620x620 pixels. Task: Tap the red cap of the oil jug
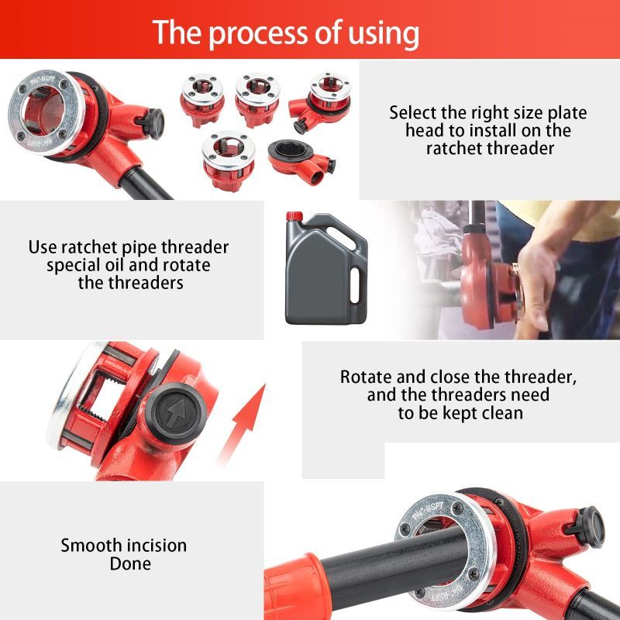point(294,216)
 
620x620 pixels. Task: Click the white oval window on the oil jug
point(355,285)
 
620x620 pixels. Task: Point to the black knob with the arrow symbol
point(175,412)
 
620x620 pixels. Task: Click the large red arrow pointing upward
point(242,424)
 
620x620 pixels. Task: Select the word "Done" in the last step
point(130,563)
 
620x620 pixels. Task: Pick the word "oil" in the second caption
point(113,265)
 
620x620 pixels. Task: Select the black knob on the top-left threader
point(152,123)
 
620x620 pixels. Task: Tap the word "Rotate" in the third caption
point(366,377)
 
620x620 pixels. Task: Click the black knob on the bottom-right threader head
point(588,527)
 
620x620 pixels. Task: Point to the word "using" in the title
point(384,34)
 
